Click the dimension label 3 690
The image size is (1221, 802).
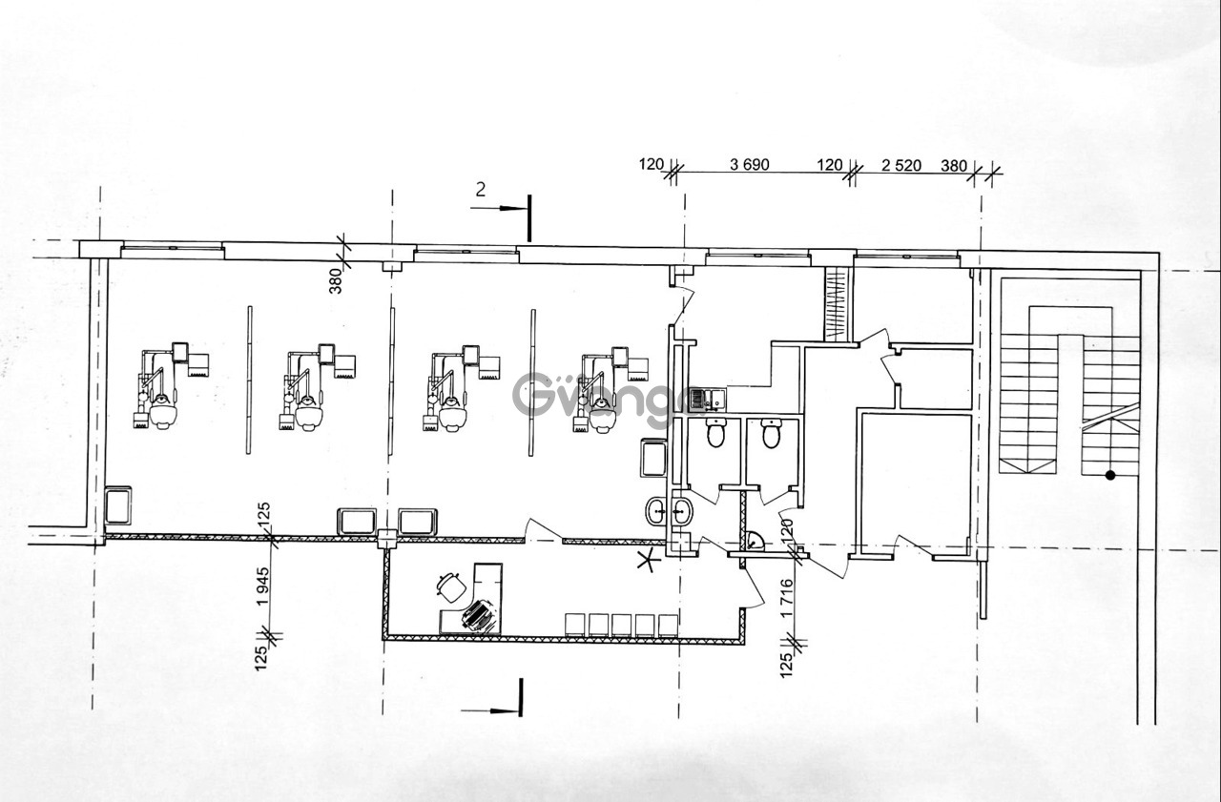[750, 165]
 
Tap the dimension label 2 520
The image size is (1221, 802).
[901, 165]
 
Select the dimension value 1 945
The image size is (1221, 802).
[264, 586]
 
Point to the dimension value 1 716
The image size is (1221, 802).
[787, 599]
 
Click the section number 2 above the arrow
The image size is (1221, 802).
[480, 190]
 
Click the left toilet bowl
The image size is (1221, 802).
[715, 433]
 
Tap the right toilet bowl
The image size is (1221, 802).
[772, 433]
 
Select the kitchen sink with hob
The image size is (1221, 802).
[708, 400]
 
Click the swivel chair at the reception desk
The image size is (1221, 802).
[451, 587]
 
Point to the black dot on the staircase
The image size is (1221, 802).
[1110, 476]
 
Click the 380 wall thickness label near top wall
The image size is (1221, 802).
[337, 281]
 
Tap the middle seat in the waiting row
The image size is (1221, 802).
[621, 626]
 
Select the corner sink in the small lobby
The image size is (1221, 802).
[755, 542]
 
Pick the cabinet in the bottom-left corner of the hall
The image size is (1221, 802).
[118, 505]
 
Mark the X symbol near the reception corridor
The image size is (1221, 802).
[649, 560]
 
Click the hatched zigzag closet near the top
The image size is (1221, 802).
[837, 305]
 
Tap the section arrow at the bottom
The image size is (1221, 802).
[491, 709]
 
